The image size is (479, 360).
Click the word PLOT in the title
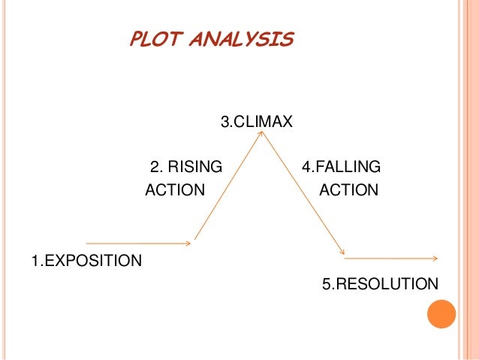point(156,39)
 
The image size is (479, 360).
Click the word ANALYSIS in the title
point(242,39)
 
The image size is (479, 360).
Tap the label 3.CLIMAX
point(256,121)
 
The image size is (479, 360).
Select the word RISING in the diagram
point(196,167)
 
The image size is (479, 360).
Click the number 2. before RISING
point(156,167)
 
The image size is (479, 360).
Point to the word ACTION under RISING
point(174,190)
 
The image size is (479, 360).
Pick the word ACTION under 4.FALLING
point(348,190)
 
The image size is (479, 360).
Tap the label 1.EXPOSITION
point(86,261)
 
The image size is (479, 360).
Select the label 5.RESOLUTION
point(380,284)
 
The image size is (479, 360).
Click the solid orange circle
point(441,313)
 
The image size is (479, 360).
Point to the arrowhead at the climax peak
point(261,134)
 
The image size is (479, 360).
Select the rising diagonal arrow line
point(227,187)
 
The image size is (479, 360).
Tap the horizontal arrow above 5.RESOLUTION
point(390,259)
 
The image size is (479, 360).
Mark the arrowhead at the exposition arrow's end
point(188,244)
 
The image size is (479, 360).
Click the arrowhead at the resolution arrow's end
point(434,259)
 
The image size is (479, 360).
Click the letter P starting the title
point(137,39)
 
